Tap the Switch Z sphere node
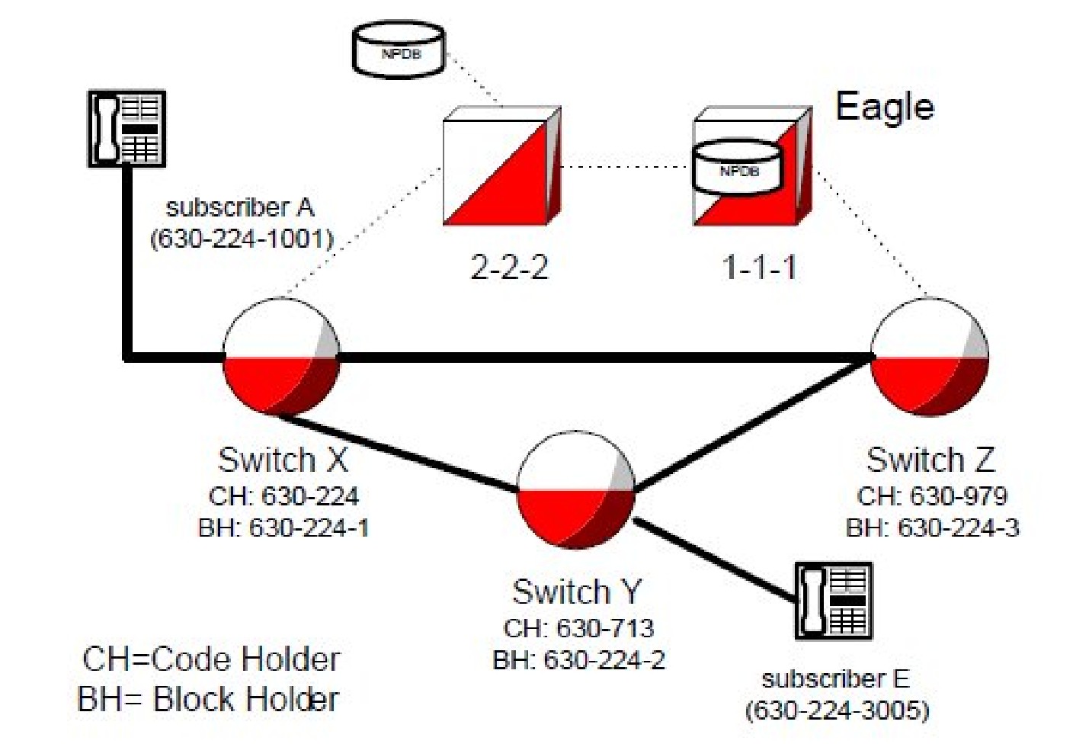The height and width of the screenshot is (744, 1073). pos(929,357)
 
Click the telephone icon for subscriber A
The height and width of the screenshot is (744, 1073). pos(127,128)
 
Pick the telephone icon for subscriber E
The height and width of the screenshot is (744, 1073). pos(833,601)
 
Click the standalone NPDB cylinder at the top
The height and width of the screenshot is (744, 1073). pos(399,50)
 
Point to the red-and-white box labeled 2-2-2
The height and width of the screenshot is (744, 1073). pos(501,166)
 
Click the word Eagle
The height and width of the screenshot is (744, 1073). pos(884,107)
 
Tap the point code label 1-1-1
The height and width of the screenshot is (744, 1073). pos(759,268)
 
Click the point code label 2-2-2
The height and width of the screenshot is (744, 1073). pos(509,268)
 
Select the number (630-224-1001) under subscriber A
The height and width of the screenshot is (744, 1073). pos(242,239)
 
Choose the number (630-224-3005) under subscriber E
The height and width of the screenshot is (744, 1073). pos(837,710)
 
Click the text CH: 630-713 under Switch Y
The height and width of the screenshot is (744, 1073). pos(578,628)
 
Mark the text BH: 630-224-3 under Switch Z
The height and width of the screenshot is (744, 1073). pos(932,528)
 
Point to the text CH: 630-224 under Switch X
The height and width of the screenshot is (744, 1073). pos(283,496)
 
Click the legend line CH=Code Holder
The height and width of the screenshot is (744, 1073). pos(211,659)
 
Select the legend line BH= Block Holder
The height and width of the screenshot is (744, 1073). pos(208,699)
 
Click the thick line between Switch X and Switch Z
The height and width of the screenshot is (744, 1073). pos(602,356)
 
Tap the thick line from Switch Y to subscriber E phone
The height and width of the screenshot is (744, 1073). pos(716,559)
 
